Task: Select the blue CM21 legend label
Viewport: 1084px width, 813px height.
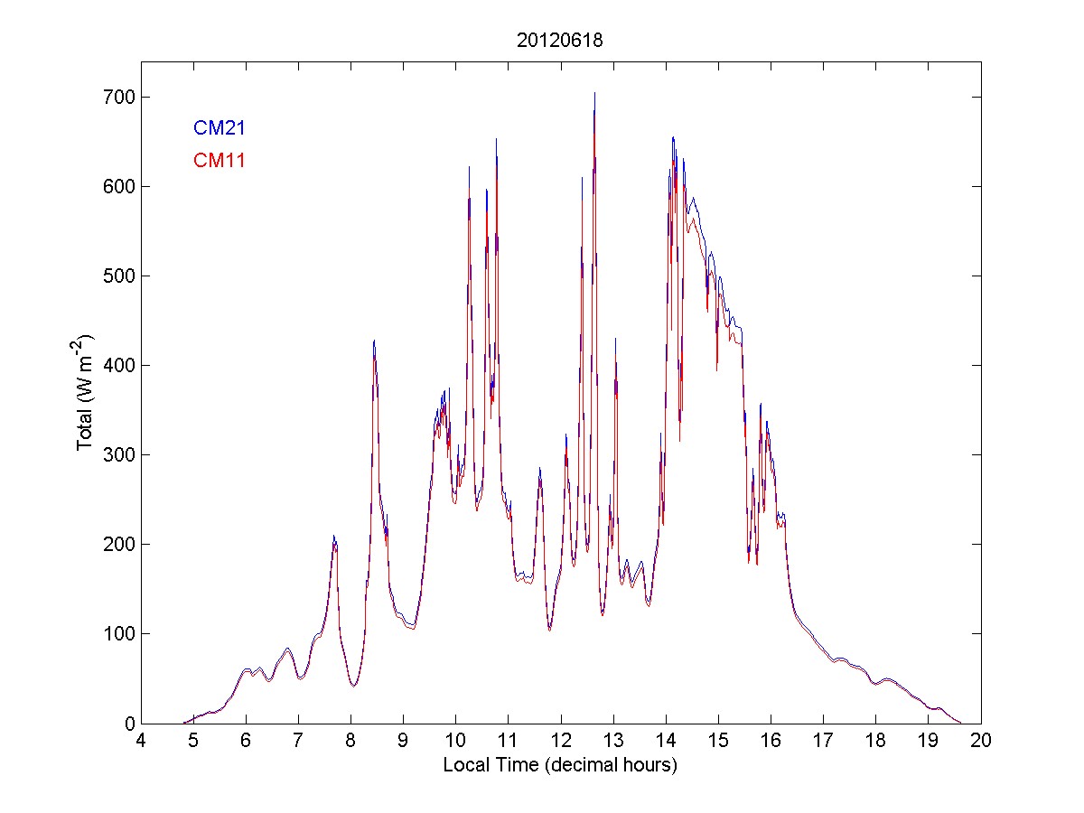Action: (220, 128)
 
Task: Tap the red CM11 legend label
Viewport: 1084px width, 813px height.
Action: (220, 161)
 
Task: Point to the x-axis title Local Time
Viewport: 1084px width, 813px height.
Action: (560, 764)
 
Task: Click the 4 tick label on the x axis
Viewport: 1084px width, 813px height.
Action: (141, 740)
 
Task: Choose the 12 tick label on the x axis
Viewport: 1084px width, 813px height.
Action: (561, 740)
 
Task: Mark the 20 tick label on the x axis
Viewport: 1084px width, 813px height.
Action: (981, 740)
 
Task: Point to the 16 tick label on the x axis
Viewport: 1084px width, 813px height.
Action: (771, 740)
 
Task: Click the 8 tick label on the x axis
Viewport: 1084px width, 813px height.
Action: (350, 740)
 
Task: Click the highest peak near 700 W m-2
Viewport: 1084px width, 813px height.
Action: (594, 93)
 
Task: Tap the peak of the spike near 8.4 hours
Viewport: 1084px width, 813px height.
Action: (374, 341)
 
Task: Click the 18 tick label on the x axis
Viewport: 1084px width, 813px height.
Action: (876, 740)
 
